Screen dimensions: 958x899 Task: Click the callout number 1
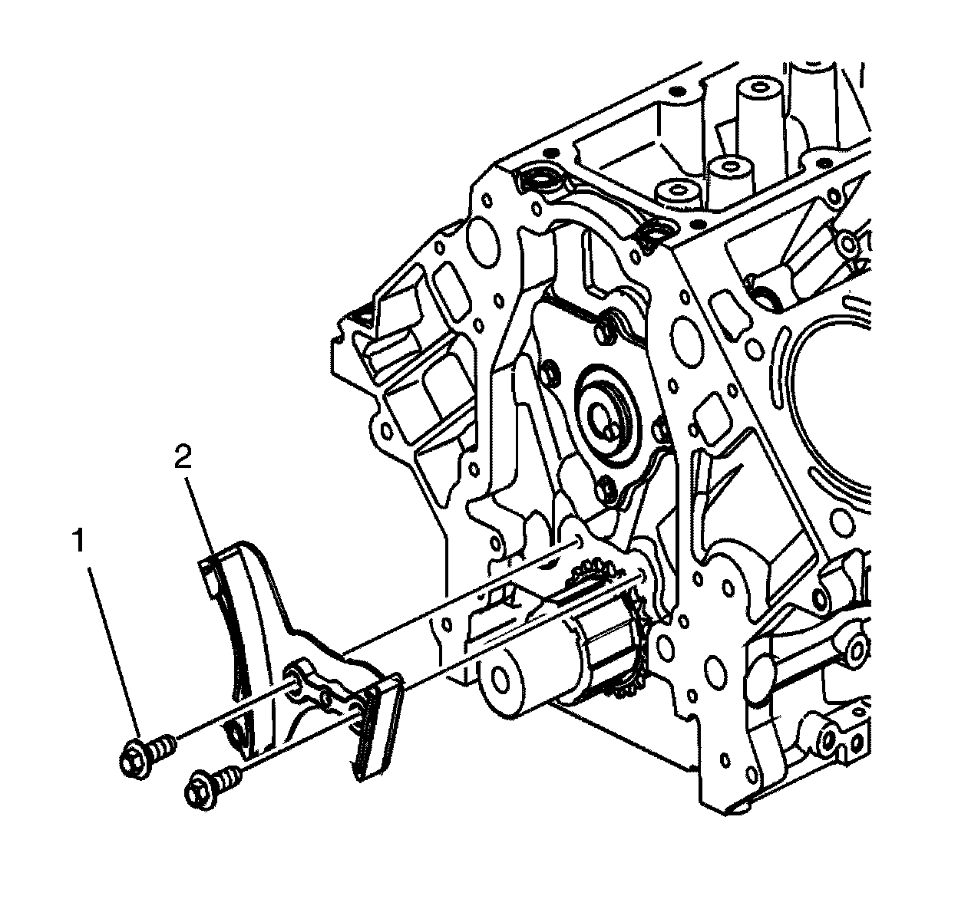point(78,541)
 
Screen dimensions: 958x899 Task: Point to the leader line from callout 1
point(114,658)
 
